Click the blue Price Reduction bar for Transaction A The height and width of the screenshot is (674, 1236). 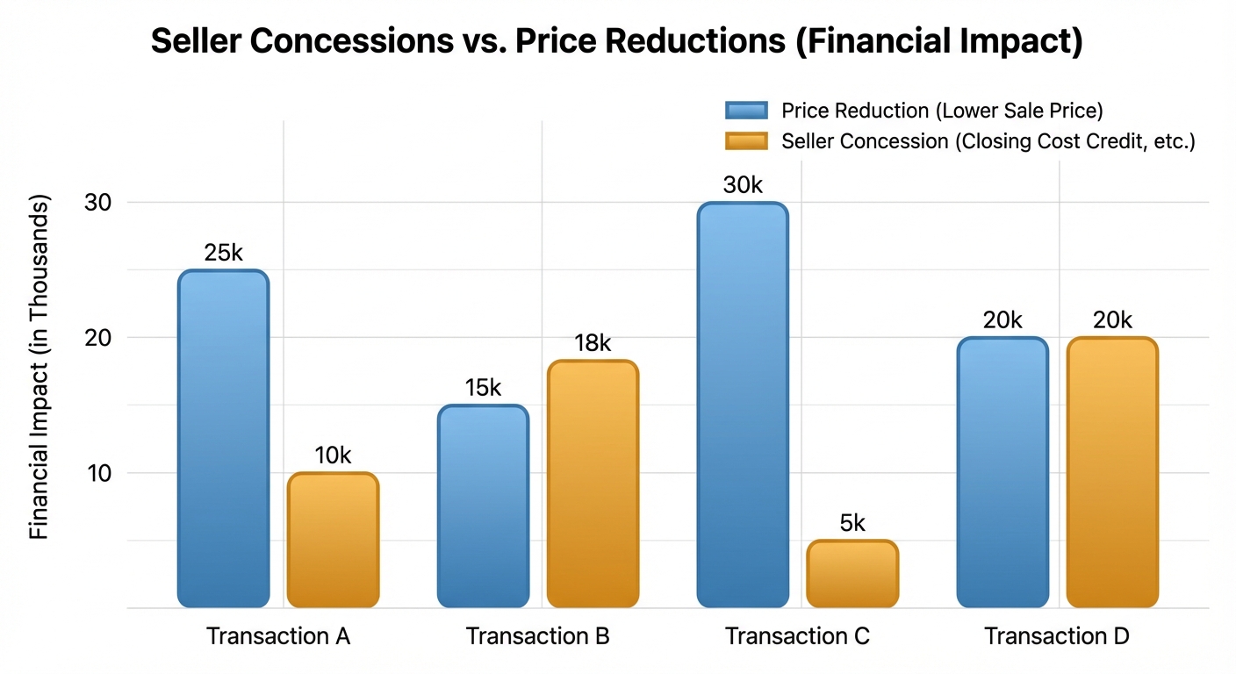(223, 439)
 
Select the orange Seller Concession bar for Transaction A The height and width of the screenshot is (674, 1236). (333, 540)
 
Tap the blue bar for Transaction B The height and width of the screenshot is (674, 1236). (483, 506)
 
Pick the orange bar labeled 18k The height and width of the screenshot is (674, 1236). (593, 484)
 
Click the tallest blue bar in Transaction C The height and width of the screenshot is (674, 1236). (743, 405)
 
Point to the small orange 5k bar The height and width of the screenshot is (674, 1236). (852, 574)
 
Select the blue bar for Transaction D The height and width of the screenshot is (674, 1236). (1002, 472)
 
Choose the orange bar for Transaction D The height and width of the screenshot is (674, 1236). (1112, 472)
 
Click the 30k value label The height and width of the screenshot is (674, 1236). (743, 186)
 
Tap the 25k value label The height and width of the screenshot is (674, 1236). (223, 254)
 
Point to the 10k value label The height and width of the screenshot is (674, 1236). (333, 455)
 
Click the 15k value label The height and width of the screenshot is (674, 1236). (483, 388)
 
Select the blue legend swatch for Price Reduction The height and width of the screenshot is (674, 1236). (746, 111)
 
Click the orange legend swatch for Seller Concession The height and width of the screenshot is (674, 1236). (746, 141)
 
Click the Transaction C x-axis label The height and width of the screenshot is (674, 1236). (797, 636)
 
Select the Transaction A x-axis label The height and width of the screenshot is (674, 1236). (278, 636)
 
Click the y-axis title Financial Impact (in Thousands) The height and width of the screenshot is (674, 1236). (40, 367)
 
